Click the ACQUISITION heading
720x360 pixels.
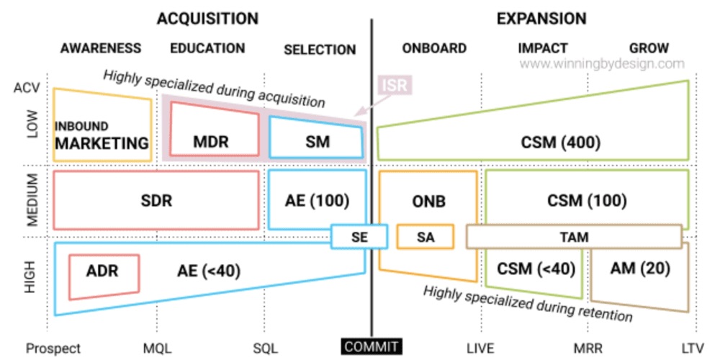click(207, 18)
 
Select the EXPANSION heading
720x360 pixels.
click(541, 18)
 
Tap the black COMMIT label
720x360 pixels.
click(372, 347)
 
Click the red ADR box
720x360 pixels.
click(102, 271)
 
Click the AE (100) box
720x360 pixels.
click(317, 201)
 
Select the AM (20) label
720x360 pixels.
click(640, 269)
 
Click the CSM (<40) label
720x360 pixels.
click(536, 269)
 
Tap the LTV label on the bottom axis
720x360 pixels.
click(692, 348)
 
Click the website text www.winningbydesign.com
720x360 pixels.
click(602, 64)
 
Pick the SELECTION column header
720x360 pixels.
click(320, 50)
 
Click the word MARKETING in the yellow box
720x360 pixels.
click(102, 143)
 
